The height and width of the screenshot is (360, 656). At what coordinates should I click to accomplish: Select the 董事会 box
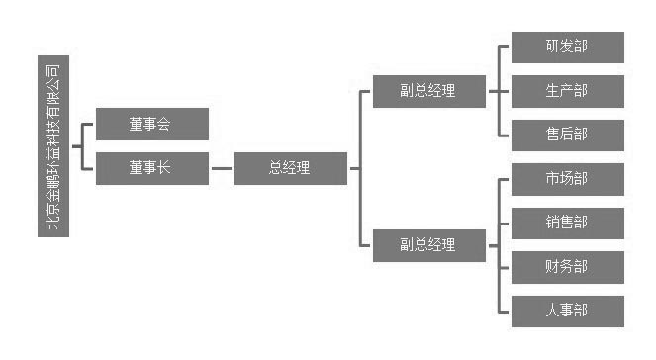click(x=152, y=124)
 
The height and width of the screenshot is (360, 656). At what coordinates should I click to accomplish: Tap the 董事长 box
click(x=152, y=168)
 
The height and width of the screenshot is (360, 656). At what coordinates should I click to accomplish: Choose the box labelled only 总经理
click(x=291, y=168)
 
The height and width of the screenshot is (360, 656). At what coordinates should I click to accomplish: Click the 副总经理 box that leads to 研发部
click(x=429, y=91)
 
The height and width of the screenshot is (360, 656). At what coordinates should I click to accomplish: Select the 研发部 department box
click(x=567, y=46)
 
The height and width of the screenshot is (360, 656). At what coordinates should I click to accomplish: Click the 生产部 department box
click(x=567, y=91)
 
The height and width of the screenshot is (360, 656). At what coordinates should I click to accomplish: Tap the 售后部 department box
click(x=567, y=135)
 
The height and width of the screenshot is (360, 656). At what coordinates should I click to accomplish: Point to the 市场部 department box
click(x=567, y=179)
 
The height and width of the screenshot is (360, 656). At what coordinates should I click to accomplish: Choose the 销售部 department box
click(x=567, y=223)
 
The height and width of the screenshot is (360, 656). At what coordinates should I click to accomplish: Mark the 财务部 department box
click(x=567, y=267)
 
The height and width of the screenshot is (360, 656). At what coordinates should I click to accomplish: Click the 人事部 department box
click(x=567, y=311)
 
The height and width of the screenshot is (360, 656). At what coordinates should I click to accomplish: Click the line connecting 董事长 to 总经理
click(x=222, y=168)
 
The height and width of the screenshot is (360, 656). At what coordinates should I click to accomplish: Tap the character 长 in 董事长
click(x=165, y=168)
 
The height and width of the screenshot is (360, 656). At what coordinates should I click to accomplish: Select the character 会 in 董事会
click(x=165, y=124)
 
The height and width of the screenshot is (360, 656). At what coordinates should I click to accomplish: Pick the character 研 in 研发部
click(x=552, y=46)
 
